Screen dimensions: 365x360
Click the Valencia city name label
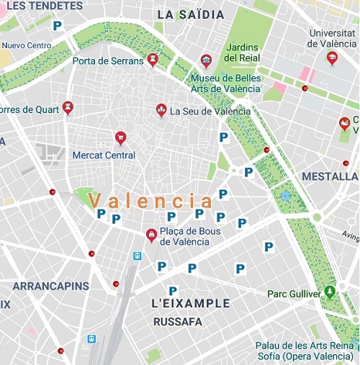point(150,200)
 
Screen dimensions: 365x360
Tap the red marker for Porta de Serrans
point(153,60)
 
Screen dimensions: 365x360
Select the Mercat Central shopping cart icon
point(120,138)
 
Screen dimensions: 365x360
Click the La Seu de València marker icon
point(161,110)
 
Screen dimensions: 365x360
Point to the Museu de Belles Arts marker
point(207,60)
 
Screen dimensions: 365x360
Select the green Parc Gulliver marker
point(330,292)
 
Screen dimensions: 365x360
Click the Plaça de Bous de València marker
point(151,235)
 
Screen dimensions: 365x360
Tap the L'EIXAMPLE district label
point(192,303)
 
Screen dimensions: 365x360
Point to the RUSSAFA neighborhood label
point(178,322)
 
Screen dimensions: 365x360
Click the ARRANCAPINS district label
point(50,286)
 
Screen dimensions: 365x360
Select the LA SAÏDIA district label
point(190,14)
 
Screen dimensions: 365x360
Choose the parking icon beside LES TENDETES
point(57,25)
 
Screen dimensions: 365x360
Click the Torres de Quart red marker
point(68,109)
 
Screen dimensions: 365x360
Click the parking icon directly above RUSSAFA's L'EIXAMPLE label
point(173,291)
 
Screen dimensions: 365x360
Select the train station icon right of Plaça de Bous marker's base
point(137,256)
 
